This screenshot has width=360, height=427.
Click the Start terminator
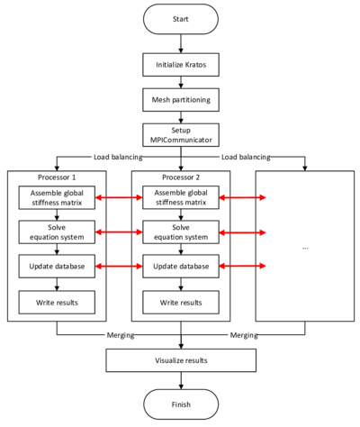(x=181, y=19)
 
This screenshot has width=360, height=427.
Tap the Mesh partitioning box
(x=181, y=100)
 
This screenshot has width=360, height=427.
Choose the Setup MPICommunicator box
(x=181, y=135)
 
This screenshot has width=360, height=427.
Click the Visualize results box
(x=181, y=360)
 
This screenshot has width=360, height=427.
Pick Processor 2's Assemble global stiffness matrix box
(x=181, y=197)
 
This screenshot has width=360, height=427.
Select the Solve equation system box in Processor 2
(x=181, y=233)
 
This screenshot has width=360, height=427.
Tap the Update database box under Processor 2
(x=181, y=267)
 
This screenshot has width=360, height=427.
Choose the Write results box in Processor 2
(x=181, y=302)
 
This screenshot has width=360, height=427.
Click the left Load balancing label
(x=117, y=157)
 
